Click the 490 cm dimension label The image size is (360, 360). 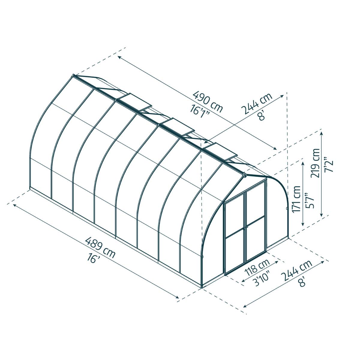click(x=208, y=102)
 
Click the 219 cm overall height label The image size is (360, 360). click(x=316, y=163)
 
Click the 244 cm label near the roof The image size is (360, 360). click(x=256, y=103)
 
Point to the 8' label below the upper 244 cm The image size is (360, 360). click(x=262, y=115)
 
